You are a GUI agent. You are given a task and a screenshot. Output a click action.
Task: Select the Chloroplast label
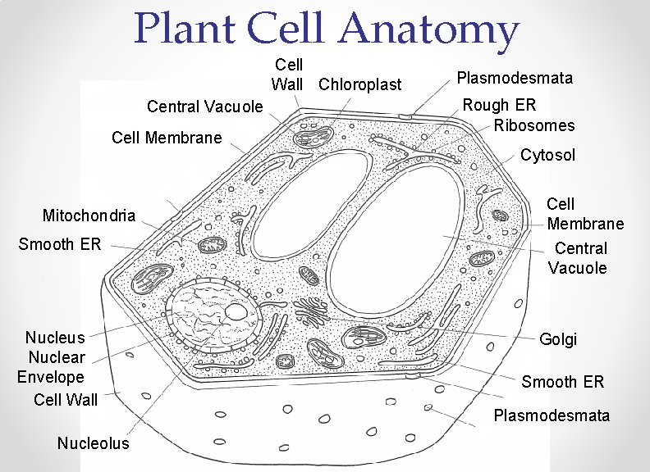pyautogui.click(x=360, y=84)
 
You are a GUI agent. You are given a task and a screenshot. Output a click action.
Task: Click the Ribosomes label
pyautogui.click(x=534, y=125)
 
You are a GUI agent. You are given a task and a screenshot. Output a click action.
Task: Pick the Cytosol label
pyautogui.click(x=548, y=155)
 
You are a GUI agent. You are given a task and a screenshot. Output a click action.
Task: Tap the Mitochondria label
pyautogui.click(x=89, y=216)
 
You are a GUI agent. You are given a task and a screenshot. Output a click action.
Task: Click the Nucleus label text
pyautogui.click(x=55, y=338)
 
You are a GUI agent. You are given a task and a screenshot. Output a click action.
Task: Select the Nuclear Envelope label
pyautogui.click(x=52, y=367)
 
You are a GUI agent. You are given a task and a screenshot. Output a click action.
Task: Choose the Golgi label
pyautogui.click(x=558, y=338)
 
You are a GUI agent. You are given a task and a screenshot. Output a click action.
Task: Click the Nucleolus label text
pyautogui.click(x=94, y=443)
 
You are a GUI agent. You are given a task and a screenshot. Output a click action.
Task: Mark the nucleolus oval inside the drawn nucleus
pyautogui.click(x=236, y=311)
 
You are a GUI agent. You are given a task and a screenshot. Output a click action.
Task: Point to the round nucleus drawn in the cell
pyautogui.click(x=211, y=314)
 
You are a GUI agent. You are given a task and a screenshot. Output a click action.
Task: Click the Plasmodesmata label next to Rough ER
pyautogui.click(x=515, y=79)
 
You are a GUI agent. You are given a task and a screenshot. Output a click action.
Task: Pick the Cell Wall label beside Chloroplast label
pyautogui.click(x=288, y=74)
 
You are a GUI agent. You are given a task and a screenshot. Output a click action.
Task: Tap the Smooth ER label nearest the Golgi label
pyautogui.click(x=563, y=382)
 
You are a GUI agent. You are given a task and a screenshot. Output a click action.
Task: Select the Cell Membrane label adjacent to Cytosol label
pyautogui.click(x=585, y=214)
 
